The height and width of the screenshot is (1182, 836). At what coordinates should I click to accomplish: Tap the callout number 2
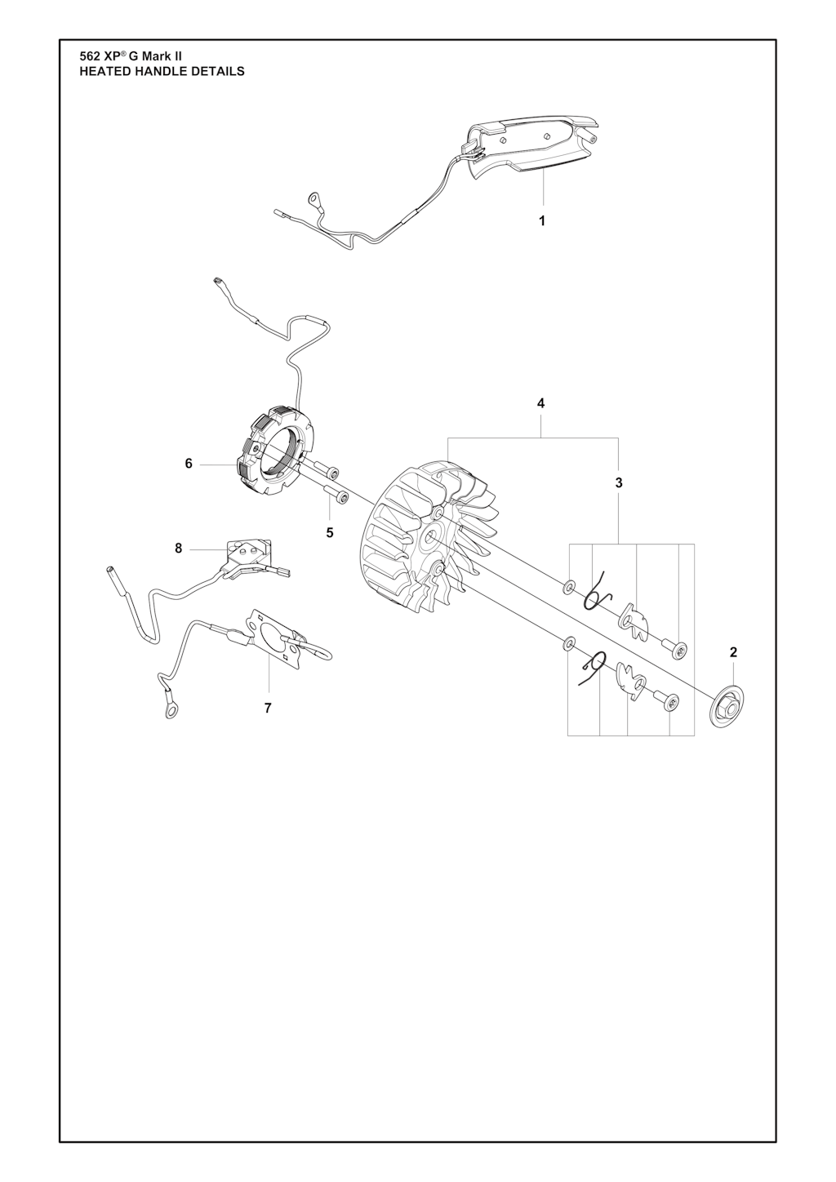click(x=733, y=652)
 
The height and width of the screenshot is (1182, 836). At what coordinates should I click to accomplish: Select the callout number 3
click(x=619, y=482)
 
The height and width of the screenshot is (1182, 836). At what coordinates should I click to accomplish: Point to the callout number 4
click(x=540, y=404)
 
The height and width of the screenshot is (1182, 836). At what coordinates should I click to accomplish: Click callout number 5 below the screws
click(x=330, y=533)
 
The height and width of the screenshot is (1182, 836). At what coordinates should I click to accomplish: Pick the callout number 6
click(x=189, y=464)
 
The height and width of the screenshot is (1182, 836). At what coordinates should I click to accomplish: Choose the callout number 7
click(x=268, y=709)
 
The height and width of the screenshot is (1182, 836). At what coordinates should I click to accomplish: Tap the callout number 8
click(x=179, y=549)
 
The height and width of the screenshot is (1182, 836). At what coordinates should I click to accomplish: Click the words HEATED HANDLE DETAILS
click(x=162, y=71)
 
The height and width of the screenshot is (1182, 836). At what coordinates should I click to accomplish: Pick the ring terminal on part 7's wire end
click(x=171, y=713)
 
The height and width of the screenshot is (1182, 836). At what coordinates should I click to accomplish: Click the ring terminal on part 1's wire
click(x=316, y=200)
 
